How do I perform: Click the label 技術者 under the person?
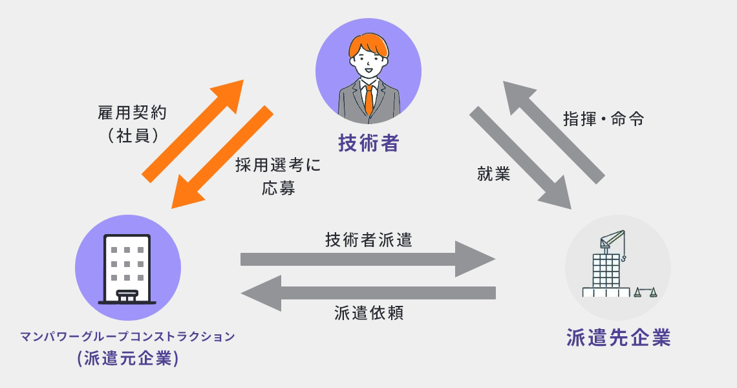(x=368, y=143)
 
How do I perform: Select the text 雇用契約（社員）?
(x=130, y=124)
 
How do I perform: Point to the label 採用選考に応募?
(x=278, y=176)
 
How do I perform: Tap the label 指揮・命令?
(x=603, y=120)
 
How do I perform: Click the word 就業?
(x=494, y=174)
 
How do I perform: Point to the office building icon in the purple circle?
(x=127, y=268)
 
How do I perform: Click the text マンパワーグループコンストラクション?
(x=127, y=336)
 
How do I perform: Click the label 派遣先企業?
(x=618, y=338)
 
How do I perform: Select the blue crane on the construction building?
(x=612, y=241)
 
